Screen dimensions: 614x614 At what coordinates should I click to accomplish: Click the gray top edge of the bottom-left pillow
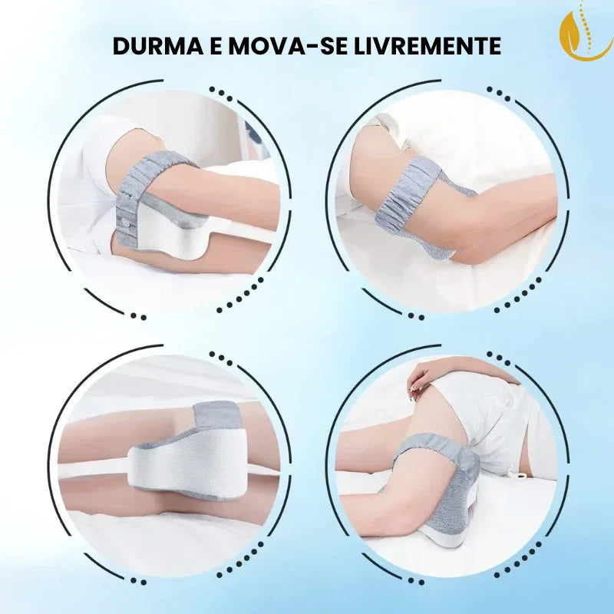pyautogui.click(x=219, y=414)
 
